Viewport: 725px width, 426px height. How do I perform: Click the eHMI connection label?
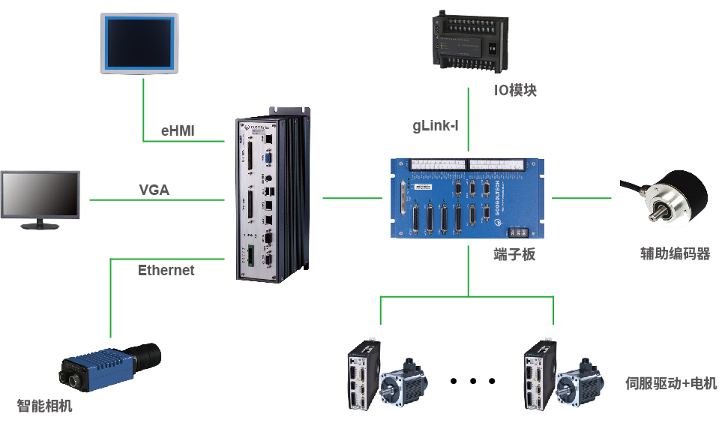178,130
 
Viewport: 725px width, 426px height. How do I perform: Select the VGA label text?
154,190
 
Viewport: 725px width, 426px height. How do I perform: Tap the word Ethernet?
166,270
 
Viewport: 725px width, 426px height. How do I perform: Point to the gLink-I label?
436,125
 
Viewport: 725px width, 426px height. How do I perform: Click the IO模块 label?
515,91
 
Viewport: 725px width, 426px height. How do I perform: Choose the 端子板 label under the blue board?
514,254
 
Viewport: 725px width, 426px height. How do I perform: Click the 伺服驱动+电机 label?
671,383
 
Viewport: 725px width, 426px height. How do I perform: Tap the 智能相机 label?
45,406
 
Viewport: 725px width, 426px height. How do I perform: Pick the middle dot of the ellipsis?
474,381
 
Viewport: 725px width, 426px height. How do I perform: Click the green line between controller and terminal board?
352,198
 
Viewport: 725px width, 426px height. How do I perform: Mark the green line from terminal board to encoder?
582,198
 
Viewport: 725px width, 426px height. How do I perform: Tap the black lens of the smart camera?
148,353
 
